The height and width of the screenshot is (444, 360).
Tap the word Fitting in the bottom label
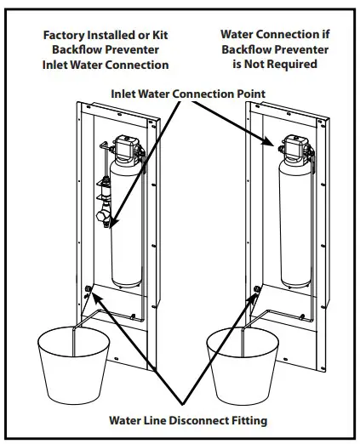tap(244, 419)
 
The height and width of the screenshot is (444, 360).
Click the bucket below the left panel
tap(74, 365)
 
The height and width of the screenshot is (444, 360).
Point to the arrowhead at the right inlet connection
tap(277, 146)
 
